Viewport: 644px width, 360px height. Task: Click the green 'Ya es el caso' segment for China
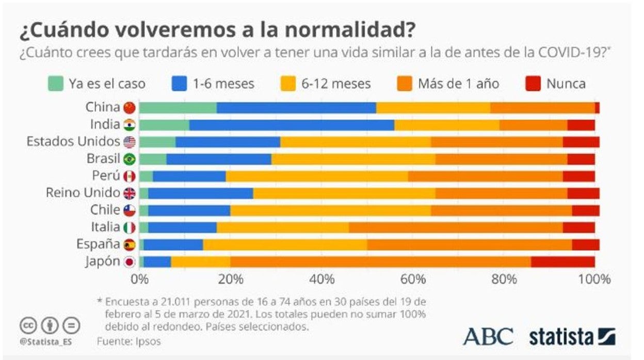pyautogui.click(x=178, y=108)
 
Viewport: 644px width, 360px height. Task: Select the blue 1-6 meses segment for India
pyautogui.click(x=292, y=125)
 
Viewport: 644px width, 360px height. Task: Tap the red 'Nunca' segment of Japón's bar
pyautogui.click(x=562, y=261)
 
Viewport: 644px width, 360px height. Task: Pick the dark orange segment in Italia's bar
pyautogui.click(x=456, y=227)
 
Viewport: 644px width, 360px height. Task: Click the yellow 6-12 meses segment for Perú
pyautogui.click(x=317, y=176)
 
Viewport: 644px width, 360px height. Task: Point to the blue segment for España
pyautogui.click(x=173, y=244)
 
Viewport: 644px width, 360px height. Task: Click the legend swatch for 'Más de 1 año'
pyautogui.click(x=406, y=84)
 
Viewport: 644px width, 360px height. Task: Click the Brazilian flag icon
pyautogui.click(x=130, y=159)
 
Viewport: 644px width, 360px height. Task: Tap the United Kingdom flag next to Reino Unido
pyautogui.click(x=130, y=193)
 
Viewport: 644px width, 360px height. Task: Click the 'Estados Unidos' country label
pyautogui.click(x=73, y=142)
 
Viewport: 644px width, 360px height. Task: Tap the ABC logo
pyautogui.click(x=488, y=337)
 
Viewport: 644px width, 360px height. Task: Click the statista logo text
pyautogui.click(x=561, y=337)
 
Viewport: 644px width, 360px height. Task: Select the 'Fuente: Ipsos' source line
pyautogui.click(x=128, y=341)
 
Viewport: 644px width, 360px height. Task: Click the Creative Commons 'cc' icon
pyautogui.click(x=28, y=325)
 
